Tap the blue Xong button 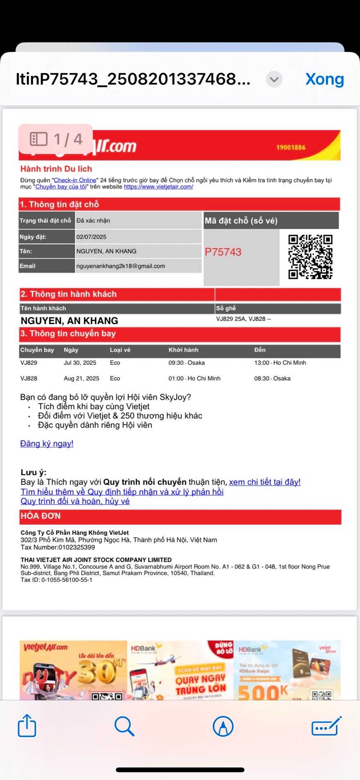324,79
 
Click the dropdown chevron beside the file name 274,79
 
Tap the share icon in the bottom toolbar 27,726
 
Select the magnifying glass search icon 124,726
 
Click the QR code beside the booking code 310,257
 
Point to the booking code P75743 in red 223,252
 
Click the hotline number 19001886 291,147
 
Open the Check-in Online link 75,180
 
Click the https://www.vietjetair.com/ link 158,187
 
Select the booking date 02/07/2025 92,237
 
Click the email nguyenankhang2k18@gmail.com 121,266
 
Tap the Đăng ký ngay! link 47,443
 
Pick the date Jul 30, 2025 80,363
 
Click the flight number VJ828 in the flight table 29,378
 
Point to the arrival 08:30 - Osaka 272,378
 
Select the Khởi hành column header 183,350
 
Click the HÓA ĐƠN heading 41,516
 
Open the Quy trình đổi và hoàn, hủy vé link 75,501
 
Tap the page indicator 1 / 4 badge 56,139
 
